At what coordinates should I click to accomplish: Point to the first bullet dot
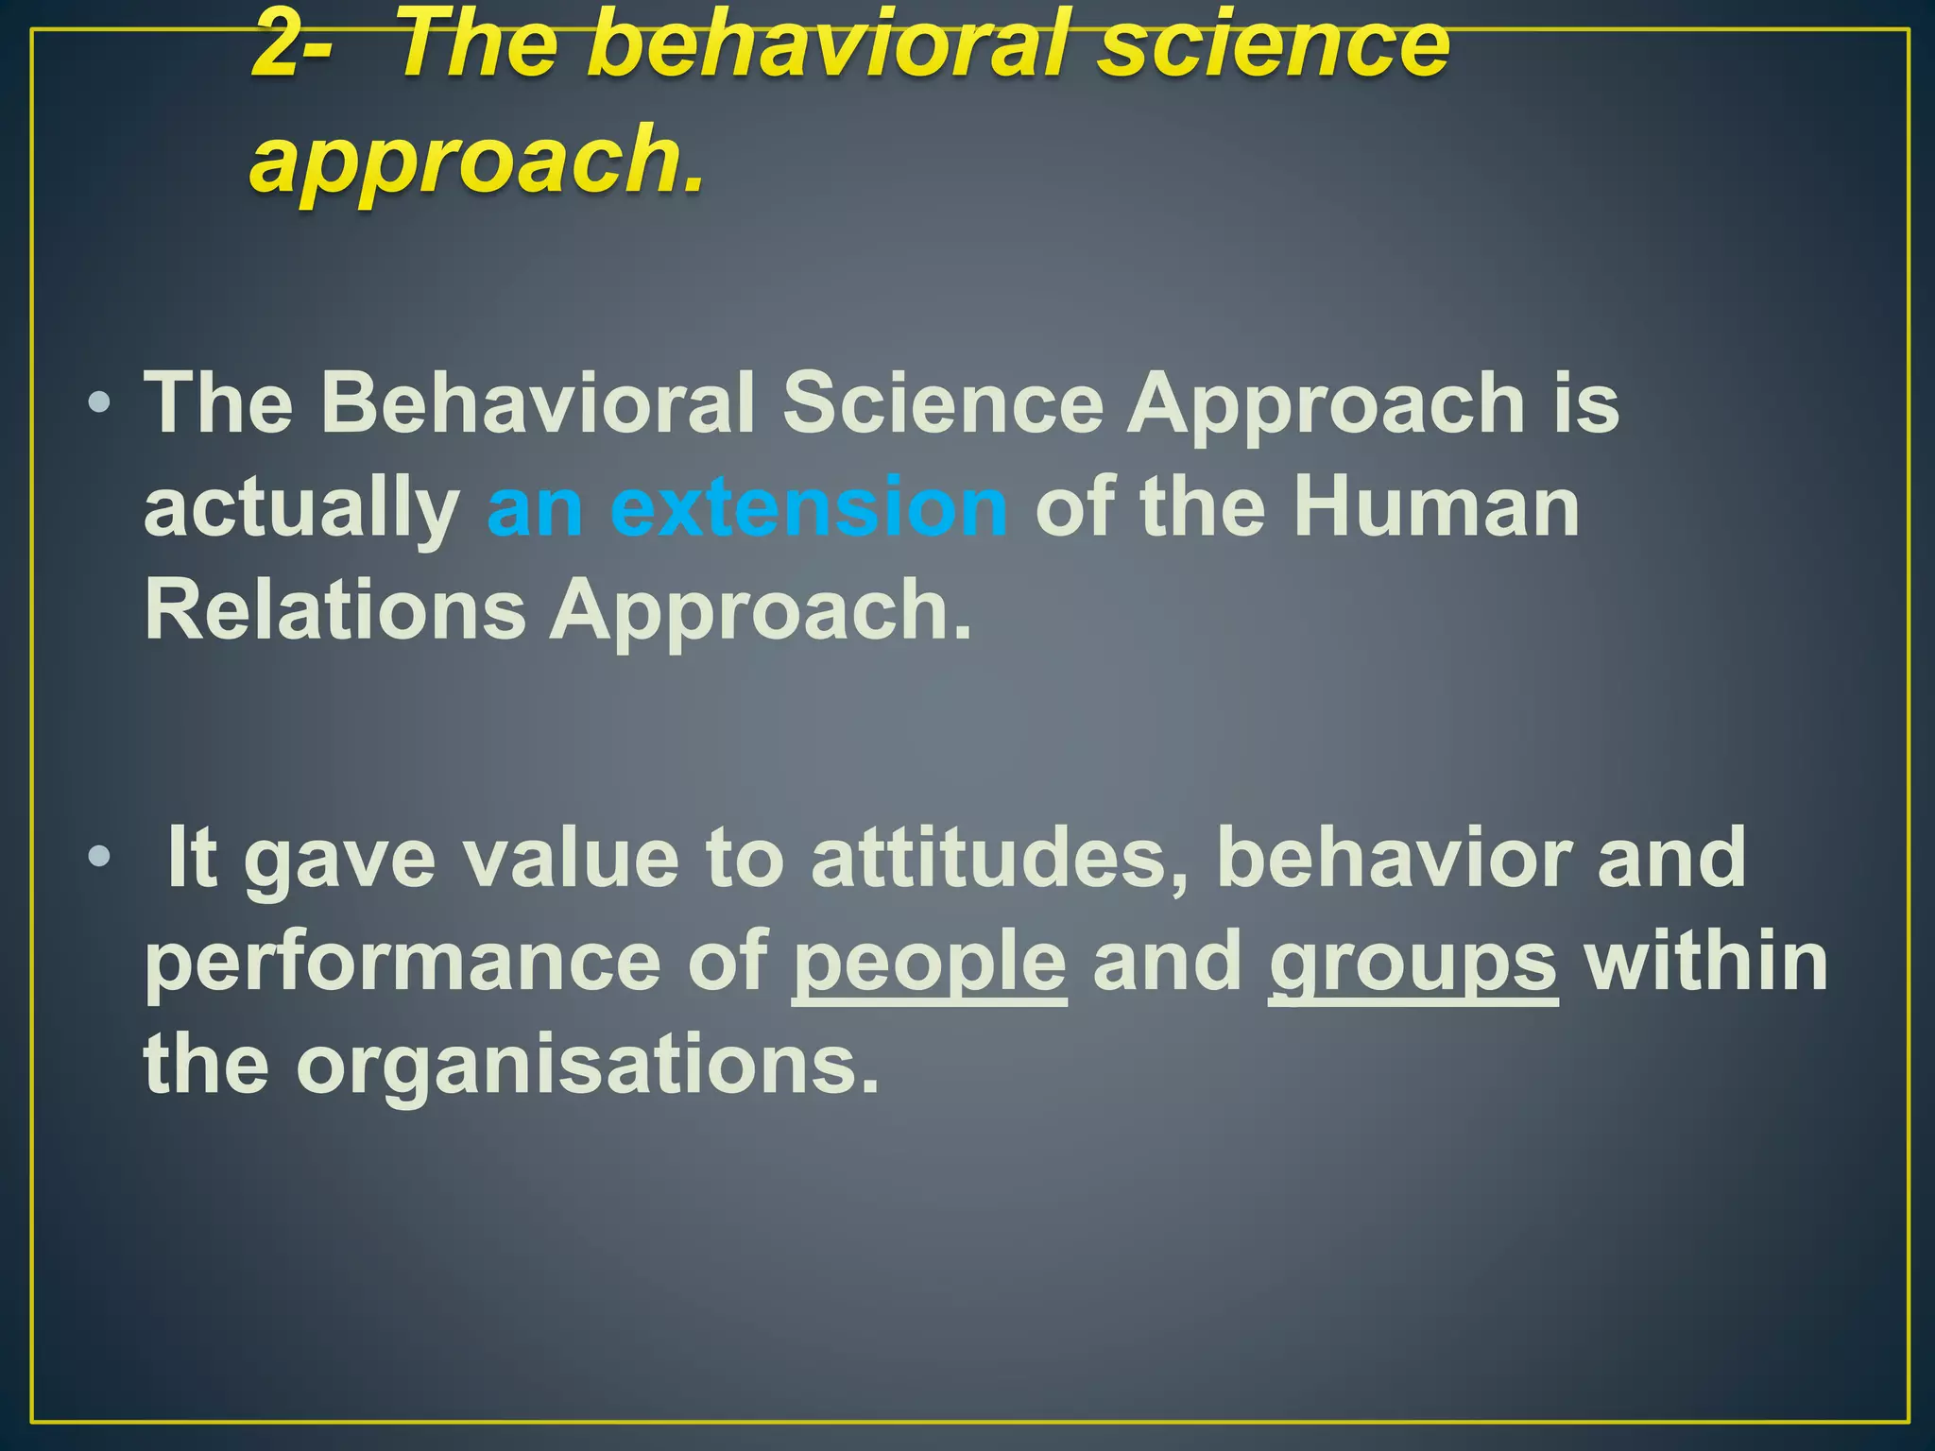point(98,405)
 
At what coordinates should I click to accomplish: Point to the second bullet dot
point(98,858)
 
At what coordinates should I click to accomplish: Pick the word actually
point(300,510)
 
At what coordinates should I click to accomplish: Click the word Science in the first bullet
point(943,403)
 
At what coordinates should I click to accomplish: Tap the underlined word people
point(929,964)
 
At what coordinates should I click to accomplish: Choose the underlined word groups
point(1413,964)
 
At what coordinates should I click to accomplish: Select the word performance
point(402,964)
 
